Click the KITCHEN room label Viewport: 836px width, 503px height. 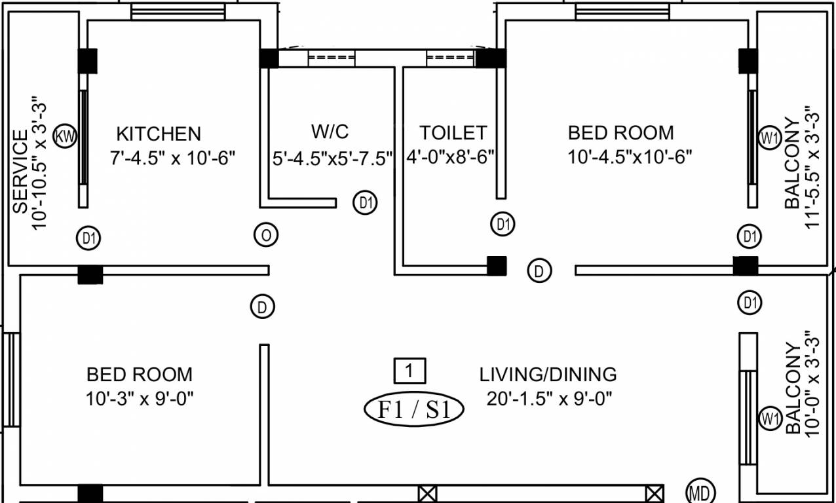point(159,134)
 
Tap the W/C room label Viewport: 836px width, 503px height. point(330,132)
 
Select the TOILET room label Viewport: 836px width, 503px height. point(453,133)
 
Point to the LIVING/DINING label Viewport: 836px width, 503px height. point(548,375)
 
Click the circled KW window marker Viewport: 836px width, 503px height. point(66,137)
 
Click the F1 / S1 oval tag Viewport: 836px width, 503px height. point(413,409)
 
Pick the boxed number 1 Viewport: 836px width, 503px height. point(409,371)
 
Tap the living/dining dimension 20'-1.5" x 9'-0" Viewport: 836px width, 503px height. point(549,398)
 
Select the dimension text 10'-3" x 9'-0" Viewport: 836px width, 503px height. point(140,398)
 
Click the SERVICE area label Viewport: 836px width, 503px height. point(20,172)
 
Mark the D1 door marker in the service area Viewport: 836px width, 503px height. point(89,238)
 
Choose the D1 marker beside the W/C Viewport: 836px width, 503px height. point(365,203)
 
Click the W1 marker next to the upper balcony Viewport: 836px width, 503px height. point(769,138)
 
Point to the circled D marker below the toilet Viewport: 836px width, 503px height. point(539,270)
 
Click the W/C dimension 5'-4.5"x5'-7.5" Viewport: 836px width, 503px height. point(332,158)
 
